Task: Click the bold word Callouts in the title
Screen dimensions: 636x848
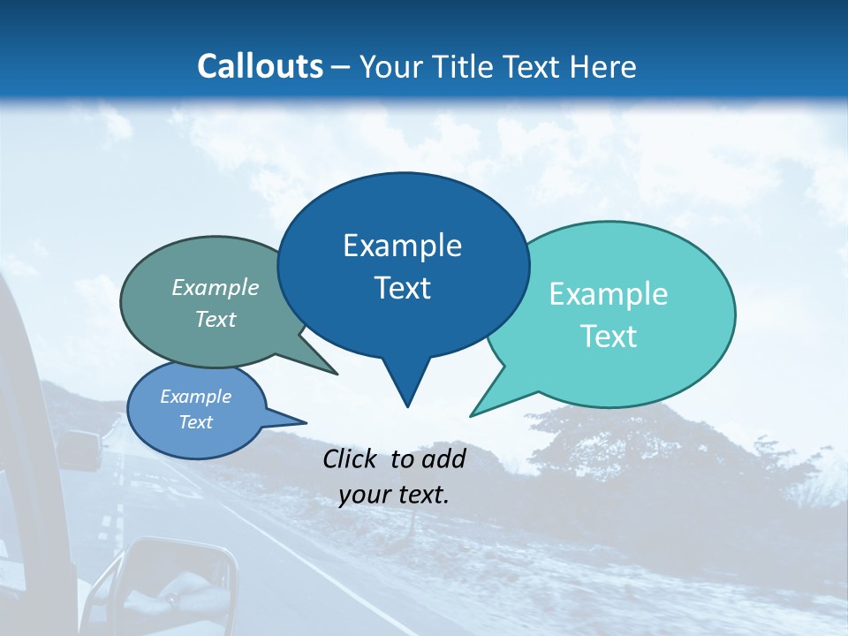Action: click(260, 66)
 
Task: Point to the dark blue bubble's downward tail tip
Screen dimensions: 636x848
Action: click(407, 405)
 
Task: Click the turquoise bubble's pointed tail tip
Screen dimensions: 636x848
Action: click(472, 415)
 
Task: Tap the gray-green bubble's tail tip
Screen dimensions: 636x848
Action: click(337, 374)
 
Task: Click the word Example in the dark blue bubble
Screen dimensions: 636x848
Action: click(402, 246)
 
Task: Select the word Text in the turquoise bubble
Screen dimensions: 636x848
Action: click(609, 337)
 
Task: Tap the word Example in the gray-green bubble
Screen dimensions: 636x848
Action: click(216, 288)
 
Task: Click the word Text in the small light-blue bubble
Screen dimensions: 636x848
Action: click(196, 422)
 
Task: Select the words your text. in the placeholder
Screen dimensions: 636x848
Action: click(394, 495)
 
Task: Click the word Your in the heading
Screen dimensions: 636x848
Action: click(393, 66)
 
